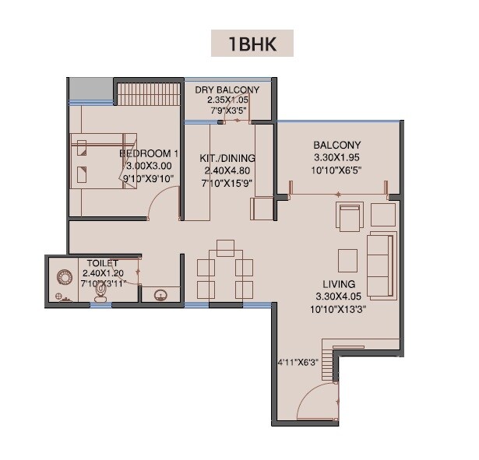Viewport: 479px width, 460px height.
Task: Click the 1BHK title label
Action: click(252, 43)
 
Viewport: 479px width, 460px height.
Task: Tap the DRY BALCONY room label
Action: click(227, 90)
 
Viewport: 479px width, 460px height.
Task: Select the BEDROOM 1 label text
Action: click(150, 154)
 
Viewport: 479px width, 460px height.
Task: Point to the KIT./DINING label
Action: click(229, 158)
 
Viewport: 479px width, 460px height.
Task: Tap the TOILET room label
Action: click(102, 264)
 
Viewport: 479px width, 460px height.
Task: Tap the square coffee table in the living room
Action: click(347, 258)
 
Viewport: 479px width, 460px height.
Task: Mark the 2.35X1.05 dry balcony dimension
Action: click(227, 100)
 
